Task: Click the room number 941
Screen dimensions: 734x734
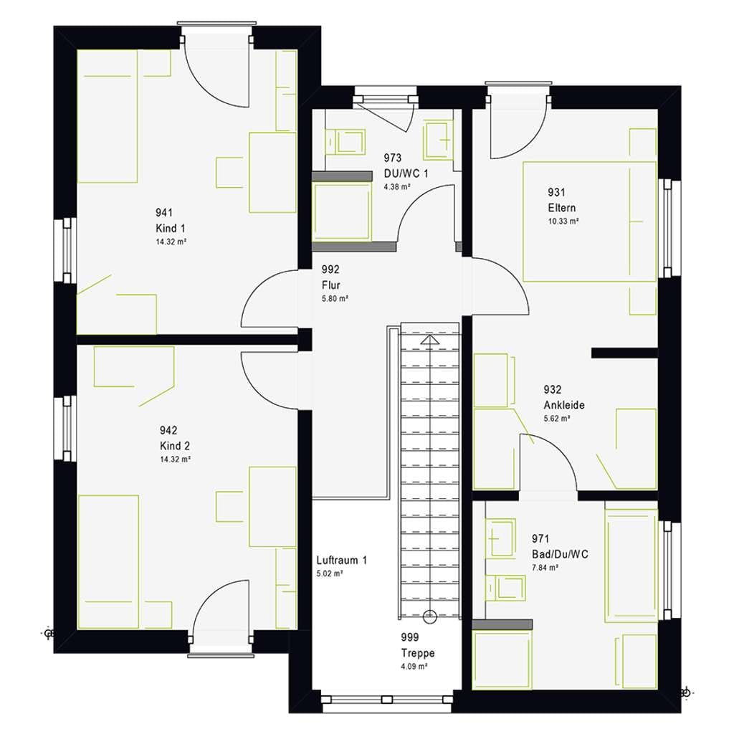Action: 164,213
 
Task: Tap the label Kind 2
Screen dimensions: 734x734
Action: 175,446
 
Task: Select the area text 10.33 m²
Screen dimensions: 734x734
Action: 563,221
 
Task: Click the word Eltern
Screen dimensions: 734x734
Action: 562,208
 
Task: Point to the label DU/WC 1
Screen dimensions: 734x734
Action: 406,173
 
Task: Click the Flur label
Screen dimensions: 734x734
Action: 331,285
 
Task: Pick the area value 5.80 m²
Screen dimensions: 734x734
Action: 335,298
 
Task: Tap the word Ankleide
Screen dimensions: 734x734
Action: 564,405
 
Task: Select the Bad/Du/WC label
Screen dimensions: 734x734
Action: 560,554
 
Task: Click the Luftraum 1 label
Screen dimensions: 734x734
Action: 342,561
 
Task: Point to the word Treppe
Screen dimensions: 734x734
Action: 418,653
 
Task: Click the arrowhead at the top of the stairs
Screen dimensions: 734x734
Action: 430,339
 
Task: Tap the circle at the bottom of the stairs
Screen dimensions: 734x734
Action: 430,617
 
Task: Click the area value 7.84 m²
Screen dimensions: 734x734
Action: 545,568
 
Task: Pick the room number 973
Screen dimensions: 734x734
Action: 393,158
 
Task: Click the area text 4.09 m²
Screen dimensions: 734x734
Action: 414,666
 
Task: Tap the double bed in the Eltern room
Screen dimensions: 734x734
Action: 589,221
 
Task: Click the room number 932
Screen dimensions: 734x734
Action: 553,389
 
